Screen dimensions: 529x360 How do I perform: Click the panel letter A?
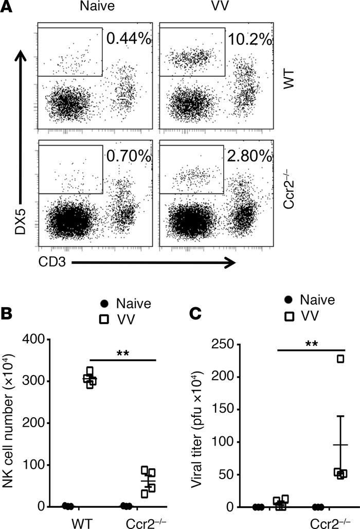click(x=8, y=8)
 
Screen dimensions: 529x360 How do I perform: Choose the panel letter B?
click(x=8, y=312)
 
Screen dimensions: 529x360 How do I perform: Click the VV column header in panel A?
click(x=203, y=10)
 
